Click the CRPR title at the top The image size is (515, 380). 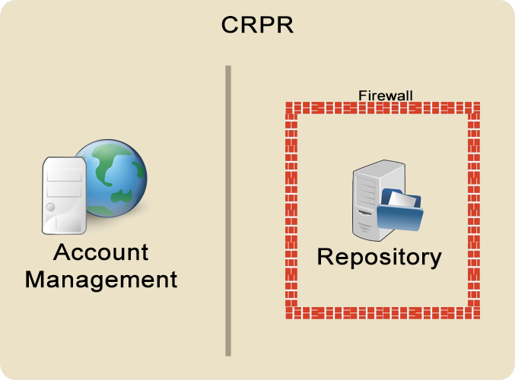[x=257, y=24]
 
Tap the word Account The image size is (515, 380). [x=101, y=252]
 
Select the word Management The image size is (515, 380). [x=101, y=280]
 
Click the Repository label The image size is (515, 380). [x=380, y=258]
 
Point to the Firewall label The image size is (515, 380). [x=385, y=96]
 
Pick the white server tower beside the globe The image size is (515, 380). [x=65, y=195]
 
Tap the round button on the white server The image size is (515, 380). [x=51, y=207]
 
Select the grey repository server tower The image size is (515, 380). [x=378, y=200]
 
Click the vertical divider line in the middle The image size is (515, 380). [x=228, y=211]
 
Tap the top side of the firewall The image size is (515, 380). [x=383, y=108]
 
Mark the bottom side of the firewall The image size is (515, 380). [x=383, y=312]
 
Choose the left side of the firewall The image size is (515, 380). [x=291, y=211]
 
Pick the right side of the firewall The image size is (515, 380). [x=474, y=211]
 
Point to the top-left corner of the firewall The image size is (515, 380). [x=286, y=103]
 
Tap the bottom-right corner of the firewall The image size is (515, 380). [x=480, y=318]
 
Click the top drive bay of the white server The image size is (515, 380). [x=65, y=175]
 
